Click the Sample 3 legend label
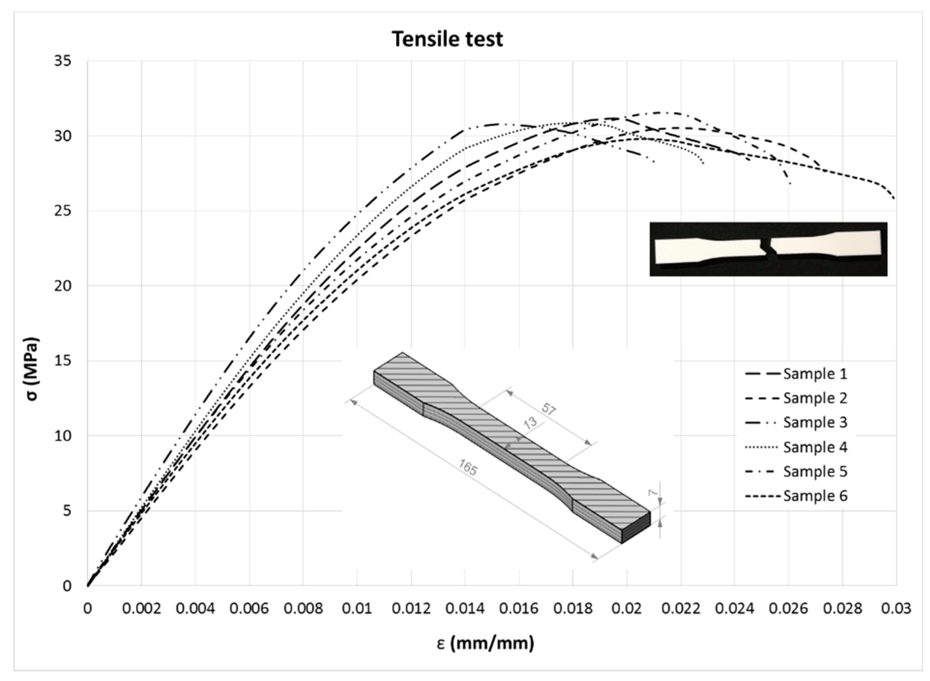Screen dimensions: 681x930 [815, 422]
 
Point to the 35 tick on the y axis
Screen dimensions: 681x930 [63, 61]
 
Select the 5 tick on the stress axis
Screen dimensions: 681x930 [67, 511]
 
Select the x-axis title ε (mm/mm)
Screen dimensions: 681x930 [485, 643]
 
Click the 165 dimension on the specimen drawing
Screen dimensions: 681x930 [467, 467]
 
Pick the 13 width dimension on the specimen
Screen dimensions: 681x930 [531, 422]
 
